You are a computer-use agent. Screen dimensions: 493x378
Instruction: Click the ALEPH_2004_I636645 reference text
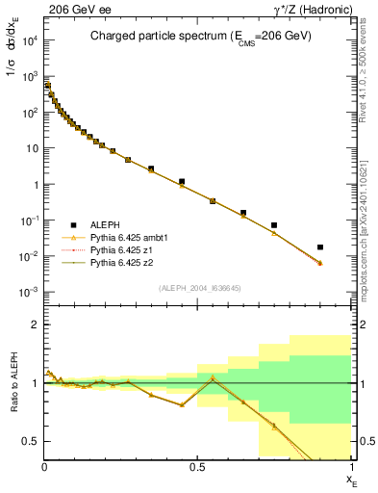(x=198, y=288)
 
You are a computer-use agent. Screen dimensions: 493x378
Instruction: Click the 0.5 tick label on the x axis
(x=197, y=467)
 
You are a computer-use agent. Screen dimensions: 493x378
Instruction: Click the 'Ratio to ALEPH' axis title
(x=13, y=382)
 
